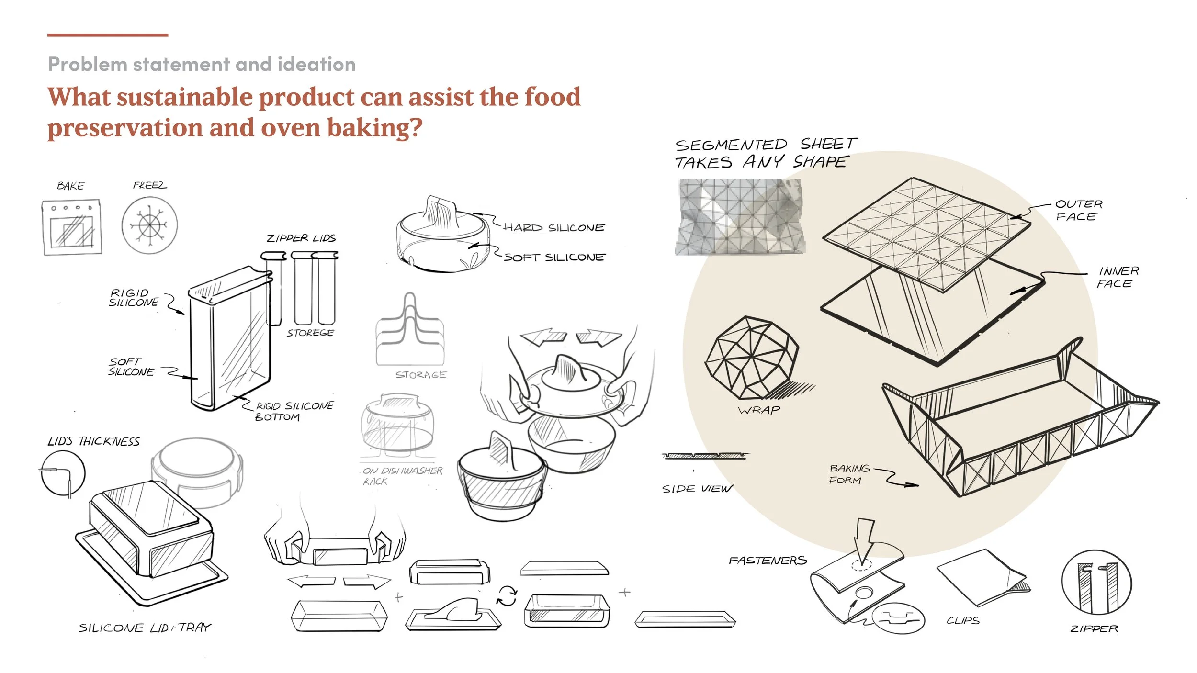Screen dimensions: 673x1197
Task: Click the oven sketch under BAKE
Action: [x=72, y=227]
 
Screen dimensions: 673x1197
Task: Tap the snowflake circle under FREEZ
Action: [x=149, y=225]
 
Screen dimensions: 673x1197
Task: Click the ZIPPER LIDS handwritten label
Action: [x=301, y=238]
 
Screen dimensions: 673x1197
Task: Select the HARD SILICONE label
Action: [x=554, y=228]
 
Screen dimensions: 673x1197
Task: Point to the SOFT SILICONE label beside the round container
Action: [x=554, y=258]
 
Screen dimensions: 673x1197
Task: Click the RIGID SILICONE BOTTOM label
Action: [x=293, y=411]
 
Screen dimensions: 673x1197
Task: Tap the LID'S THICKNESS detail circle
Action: [x=63, y=473]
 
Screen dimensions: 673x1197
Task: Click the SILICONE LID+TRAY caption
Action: [x=145, y=628]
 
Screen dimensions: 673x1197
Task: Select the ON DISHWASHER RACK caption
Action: [x=402, y=476]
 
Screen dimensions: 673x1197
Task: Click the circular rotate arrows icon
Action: [x=507, y=596]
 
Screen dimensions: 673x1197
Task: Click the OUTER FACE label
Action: [x=1078, y=211]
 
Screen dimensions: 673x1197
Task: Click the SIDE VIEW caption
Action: [x=697, y=489]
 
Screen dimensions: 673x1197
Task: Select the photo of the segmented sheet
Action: [x=740, y=217]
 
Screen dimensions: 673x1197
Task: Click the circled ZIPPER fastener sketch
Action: [x=1096, y=582]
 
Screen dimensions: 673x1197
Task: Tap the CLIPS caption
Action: [x=963, y=621]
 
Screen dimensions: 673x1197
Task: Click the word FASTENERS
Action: [x=768, y=561]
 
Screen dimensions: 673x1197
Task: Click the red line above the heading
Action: [x=108, y=35]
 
